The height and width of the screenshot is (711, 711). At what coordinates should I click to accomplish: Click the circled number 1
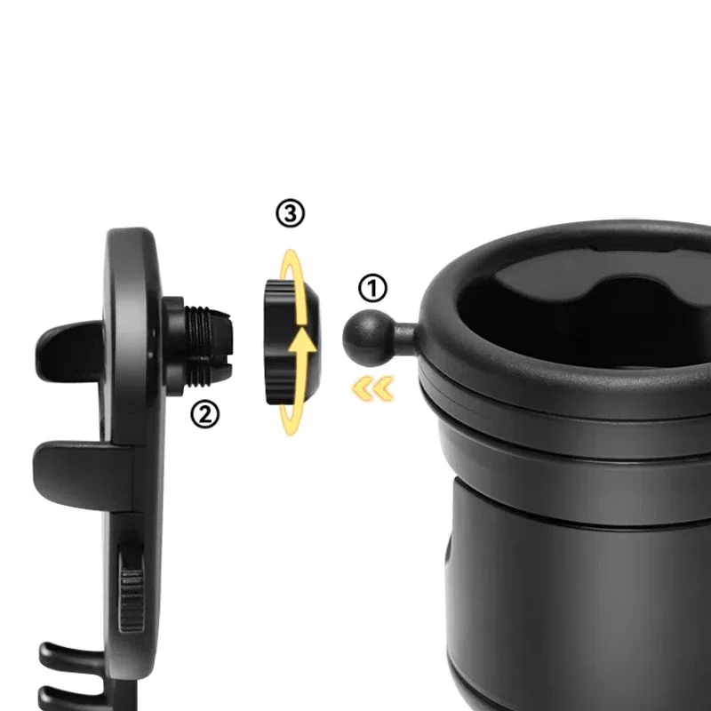tap(373, 289)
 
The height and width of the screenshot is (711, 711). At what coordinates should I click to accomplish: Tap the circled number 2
tap(205, 414)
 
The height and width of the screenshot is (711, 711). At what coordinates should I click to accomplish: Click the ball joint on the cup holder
tap(363, 336)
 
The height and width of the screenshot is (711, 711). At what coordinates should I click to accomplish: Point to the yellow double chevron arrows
tap(371, 387)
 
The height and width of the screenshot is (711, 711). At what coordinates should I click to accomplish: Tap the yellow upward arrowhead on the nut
tap(305, 340)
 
